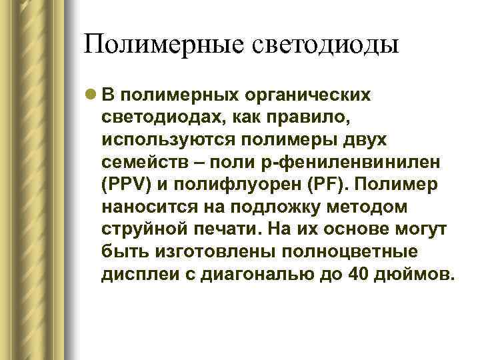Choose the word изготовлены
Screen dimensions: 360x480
(x=209, y=254)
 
